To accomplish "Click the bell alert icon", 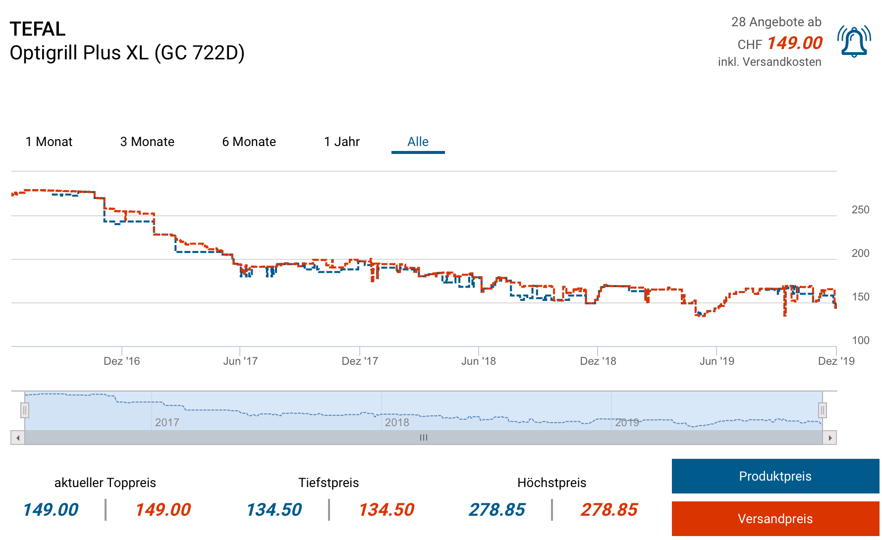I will [854, 42].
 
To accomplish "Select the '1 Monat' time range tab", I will [49, 142].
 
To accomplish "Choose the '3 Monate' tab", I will [147, 142].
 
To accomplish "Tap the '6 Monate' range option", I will [249, 142].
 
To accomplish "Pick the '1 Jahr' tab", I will [341, 142].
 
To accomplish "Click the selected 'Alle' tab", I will [418, 142].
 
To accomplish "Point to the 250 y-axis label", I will [860, 210].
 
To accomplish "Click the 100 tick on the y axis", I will [860, 341].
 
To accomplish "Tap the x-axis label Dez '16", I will [122, 361].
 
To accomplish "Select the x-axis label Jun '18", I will [478, 361].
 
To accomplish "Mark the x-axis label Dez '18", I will [598, 361].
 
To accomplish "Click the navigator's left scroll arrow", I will [18, 438].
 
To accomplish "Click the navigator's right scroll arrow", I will [829, 438].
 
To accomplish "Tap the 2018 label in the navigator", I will [397, 423].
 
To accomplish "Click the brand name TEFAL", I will [38, 29].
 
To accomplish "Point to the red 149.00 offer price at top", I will [794, 43].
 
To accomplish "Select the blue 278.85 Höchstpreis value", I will [497, 510].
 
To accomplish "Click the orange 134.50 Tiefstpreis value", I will [386, 510].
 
